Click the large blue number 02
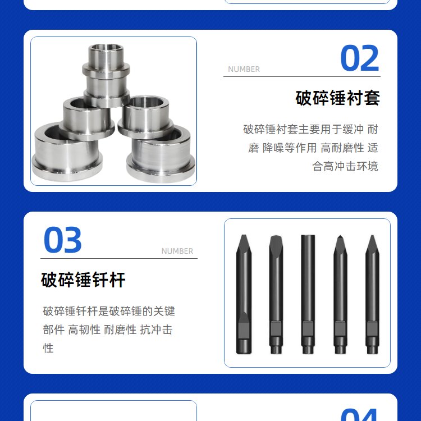click(359, 58)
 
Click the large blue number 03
click(62, 240)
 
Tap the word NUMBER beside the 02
click(244, 69)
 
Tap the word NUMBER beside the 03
click(177, 251)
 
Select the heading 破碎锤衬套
click(337, 98)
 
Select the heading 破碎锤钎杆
click(83, 280)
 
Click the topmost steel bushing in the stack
click(106, 75)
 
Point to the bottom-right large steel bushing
click(161, 155)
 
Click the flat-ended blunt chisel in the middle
click(308, 294)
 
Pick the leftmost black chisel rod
click(244, 294)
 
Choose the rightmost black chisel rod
click(372, 294)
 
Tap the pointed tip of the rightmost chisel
click(372, 235)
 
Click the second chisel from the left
click(276, 294)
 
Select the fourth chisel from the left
click(340, 294)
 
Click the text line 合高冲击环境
click(345, 167)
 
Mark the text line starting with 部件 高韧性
click(108, 330)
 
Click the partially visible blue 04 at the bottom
click(359, 415)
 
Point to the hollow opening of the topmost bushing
click(107, 48)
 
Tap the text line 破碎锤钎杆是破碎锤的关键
click(109, 311)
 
